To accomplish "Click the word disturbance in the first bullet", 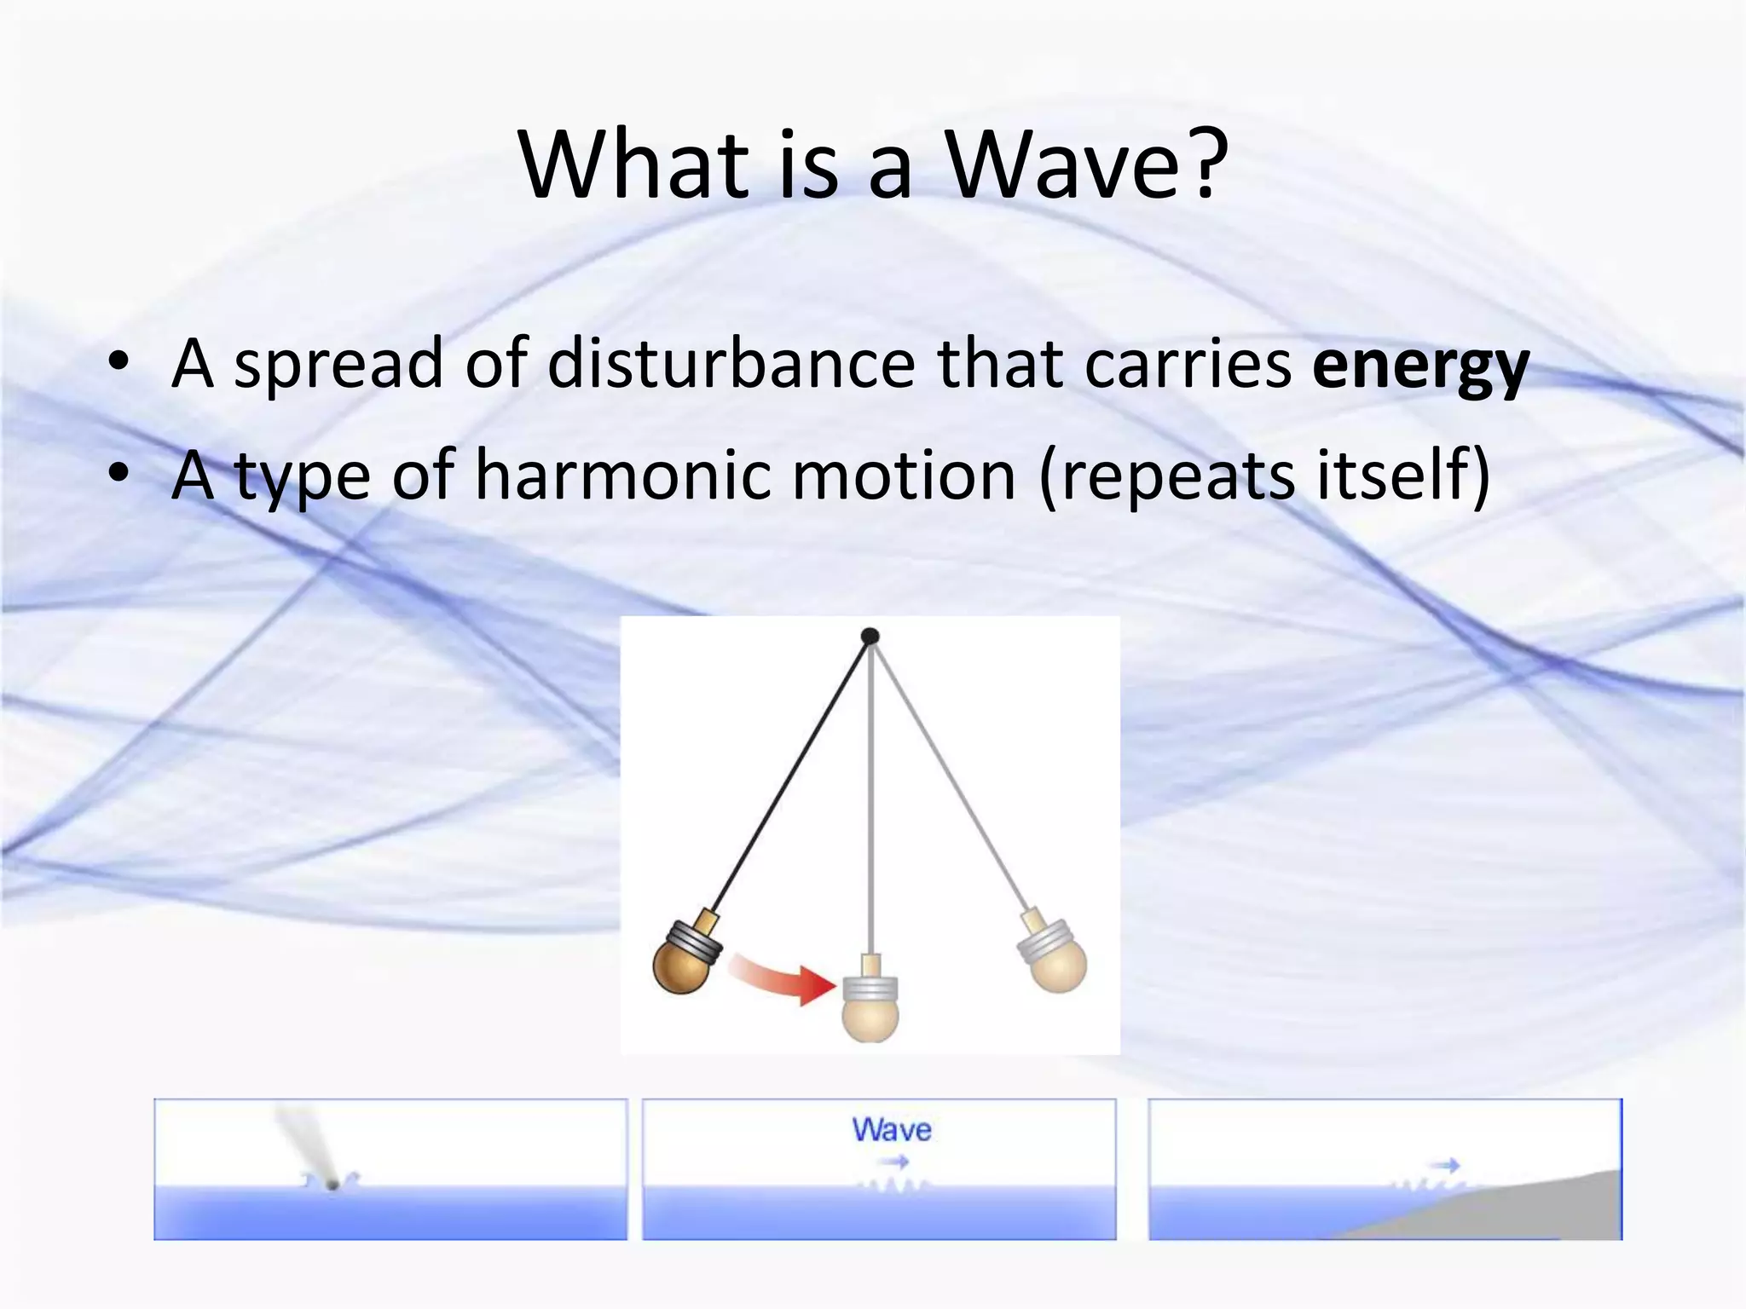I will (x=730, y=365).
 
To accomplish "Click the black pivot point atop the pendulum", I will (x=870, y=636).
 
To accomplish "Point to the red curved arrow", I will (x=784, y=980).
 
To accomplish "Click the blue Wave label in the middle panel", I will (x=892, y=1130).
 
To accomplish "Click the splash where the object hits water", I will (x=332, y=1182).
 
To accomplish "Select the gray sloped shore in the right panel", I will (x=1535, y=1210).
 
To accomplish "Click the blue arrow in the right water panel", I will (x=1445, y=1165).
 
